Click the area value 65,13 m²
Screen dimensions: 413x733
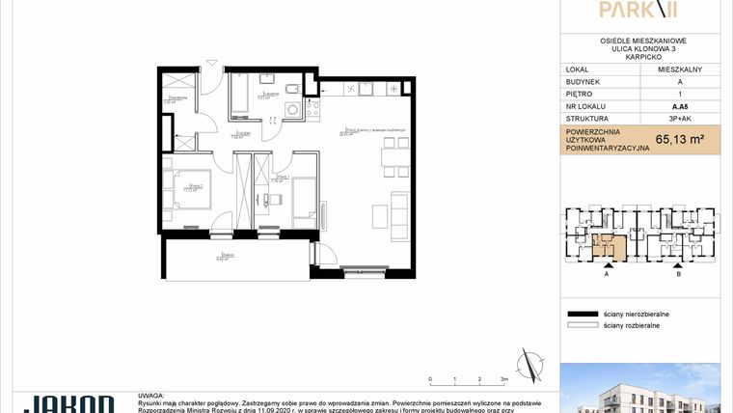point(679,139)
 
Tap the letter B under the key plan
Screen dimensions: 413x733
point(679,274)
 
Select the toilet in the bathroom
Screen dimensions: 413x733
point(269,79)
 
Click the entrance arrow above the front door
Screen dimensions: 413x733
point(212,69)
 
